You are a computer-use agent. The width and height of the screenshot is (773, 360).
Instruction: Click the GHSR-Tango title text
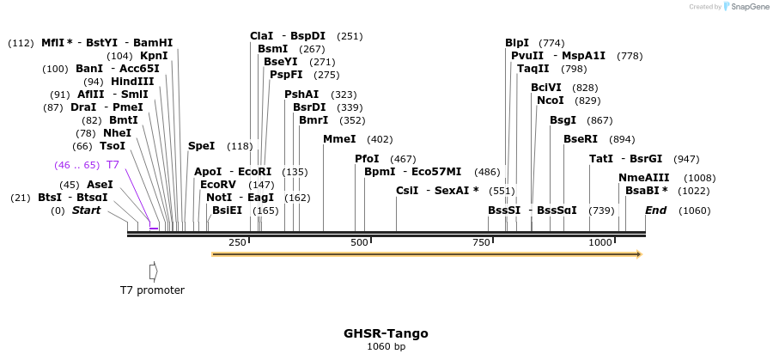(x=386, y=333)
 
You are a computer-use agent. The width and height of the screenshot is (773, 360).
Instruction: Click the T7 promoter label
(x=152, y=290)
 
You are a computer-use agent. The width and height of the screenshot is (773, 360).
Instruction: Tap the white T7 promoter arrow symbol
(x=153, y=272)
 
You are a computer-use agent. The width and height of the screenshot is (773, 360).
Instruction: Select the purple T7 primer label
(x=113, y=165)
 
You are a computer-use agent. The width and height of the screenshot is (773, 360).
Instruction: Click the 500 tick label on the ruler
(x=359, y=243)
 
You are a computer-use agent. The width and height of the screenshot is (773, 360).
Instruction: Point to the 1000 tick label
(x=600, y=243)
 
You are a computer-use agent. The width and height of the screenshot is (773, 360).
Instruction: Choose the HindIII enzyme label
(x=132, y=82)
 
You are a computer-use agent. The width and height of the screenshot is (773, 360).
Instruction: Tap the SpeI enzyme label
(x=201, y=146)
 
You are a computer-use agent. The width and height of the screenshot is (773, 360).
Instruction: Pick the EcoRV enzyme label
(x=217, y=185)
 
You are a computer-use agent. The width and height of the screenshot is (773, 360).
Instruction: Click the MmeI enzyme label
(x=339, y=139)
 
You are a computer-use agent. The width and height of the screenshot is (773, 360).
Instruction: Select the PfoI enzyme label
(x=367, y=159)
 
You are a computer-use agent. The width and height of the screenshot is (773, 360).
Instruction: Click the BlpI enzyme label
(x=517, y=43)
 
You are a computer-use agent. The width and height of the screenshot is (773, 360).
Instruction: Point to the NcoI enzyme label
(x=550, y=101)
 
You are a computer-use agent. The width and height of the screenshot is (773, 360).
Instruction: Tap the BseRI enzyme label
(x=580, y=139)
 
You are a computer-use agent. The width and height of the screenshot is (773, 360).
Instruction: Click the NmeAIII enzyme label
(x=642, y=178)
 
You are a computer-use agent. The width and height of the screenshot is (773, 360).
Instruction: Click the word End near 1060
(x=655, y=211)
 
